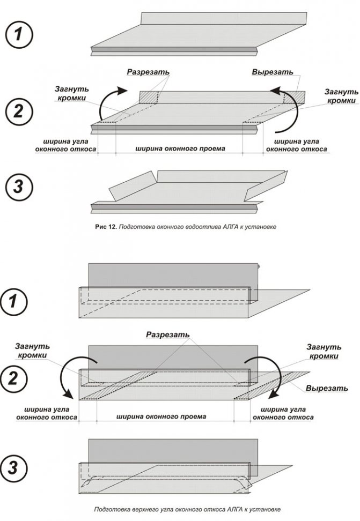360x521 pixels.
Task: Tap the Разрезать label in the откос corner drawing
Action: click(168, 334)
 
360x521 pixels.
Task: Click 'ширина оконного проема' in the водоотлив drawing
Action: click(179, 148)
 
